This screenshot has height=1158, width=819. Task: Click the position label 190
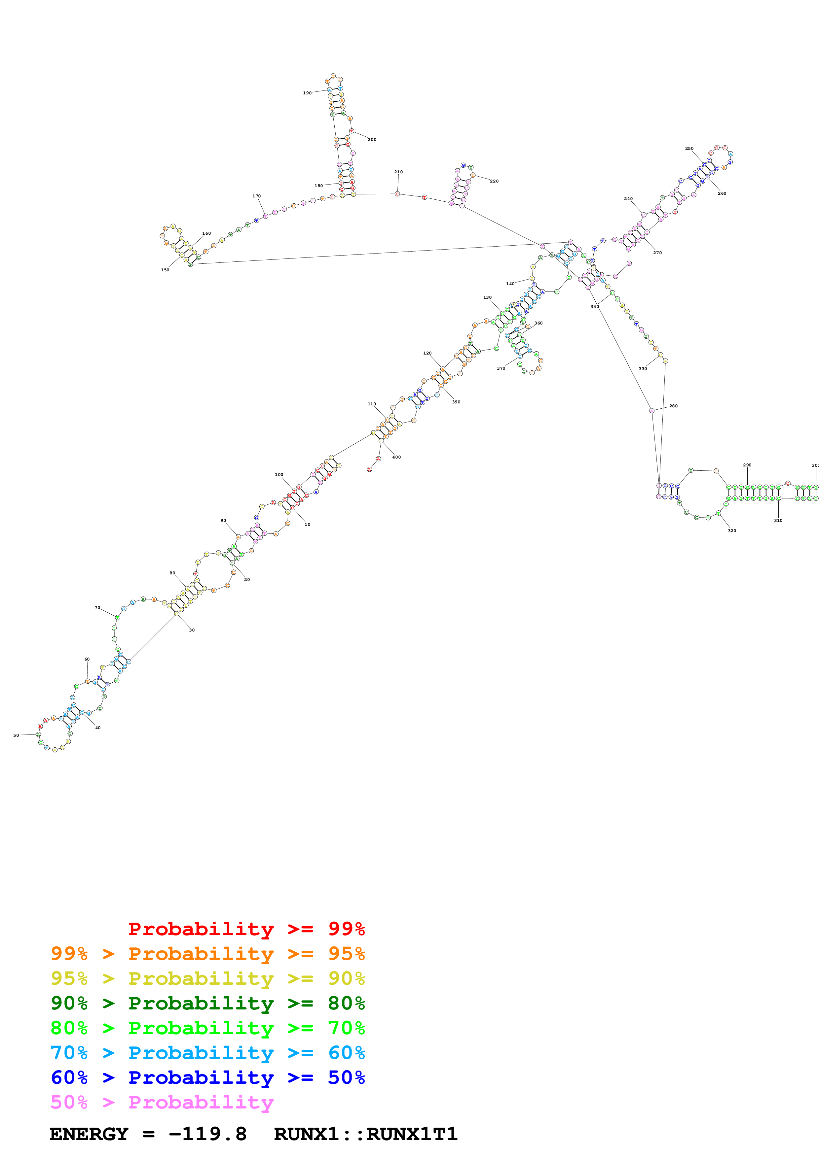click(307, 93)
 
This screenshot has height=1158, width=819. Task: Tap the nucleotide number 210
click(398, 172)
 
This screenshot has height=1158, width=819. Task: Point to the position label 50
click(16, 735)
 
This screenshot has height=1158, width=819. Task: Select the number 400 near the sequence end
click(397, 457)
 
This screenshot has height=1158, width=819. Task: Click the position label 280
click(674, 406)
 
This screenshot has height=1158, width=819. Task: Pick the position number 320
click(732, 530)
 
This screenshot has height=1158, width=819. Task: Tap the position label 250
click(689, 149)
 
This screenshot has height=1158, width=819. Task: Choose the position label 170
click(256, 196)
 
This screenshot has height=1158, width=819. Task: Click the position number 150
click(165, 270)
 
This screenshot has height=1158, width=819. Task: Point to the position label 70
click(97, 608)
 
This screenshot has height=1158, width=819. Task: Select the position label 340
click(594, 307)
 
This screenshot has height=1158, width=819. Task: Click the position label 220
click(494, 181)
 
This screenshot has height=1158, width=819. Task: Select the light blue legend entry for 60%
click(207, 1053)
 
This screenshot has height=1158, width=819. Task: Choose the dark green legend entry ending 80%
click(207, 1003)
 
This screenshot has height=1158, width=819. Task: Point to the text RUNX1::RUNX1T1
click(365, 1134)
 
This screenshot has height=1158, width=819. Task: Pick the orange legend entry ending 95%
click(207, 954)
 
